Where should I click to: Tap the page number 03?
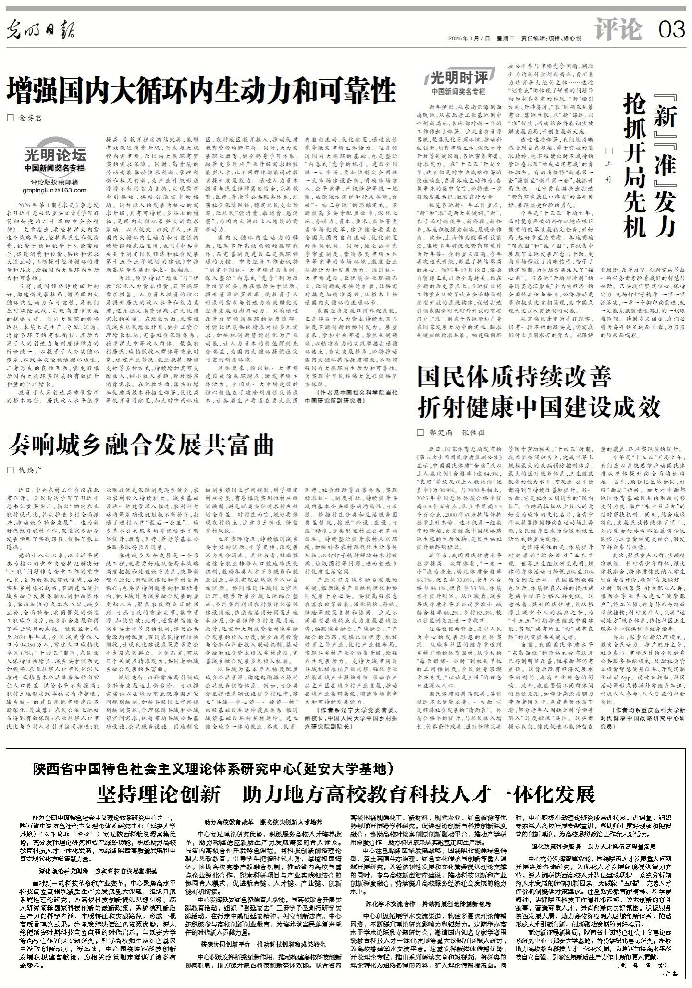pos(671,30)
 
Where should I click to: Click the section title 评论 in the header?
pos(618,30)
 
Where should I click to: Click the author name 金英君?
pos(31,117)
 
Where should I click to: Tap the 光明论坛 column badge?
pos(55,156)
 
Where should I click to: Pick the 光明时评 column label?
pos(458,78)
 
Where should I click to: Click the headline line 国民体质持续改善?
pos(514,377)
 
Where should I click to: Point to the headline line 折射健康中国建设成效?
pos(539,408)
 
